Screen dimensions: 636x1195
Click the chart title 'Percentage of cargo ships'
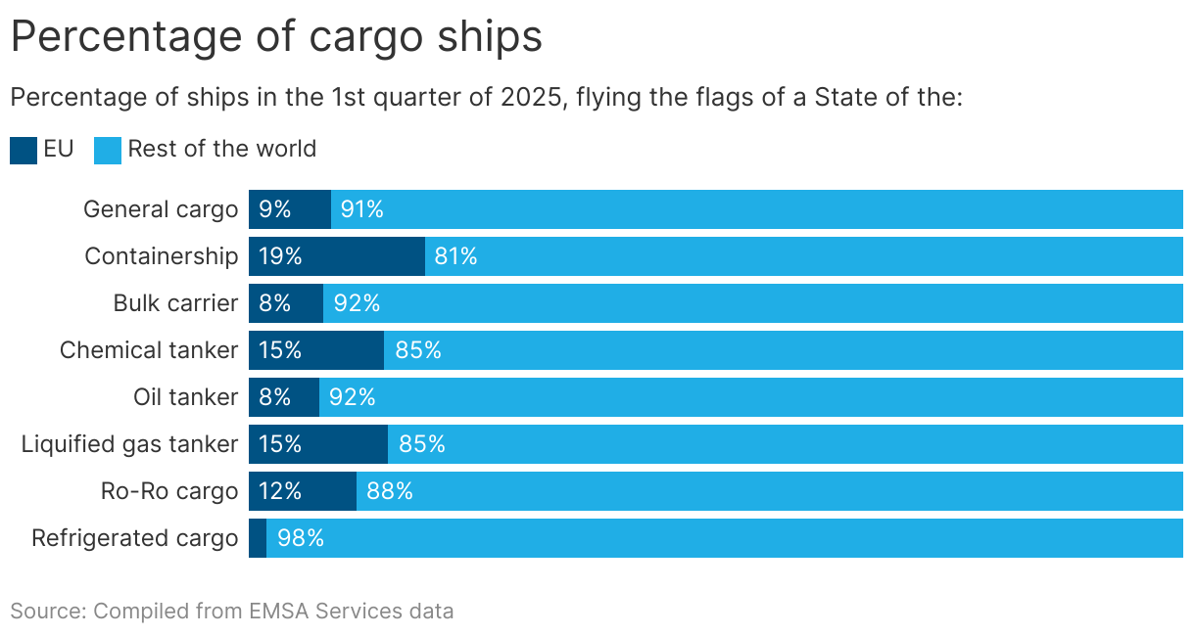[275, 37]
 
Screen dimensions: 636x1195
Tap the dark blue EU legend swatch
[24, 150]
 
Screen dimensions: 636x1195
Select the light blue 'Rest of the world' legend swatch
[108, 150]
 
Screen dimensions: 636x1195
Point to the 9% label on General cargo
[275, 209]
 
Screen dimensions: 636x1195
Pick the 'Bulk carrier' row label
[175, 303]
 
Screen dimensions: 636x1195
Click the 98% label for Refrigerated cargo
[301, 538]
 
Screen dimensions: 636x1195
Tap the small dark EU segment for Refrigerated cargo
[258, 538]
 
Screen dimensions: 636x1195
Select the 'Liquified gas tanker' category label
[129, 444]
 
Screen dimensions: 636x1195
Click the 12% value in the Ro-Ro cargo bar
[280, 491]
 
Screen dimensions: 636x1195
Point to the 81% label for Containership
[455, 256]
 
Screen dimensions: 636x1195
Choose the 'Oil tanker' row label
[185, 397]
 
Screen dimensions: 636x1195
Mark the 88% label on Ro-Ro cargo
[390, 491]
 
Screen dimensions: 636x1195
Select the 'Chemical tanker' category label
[149, 350]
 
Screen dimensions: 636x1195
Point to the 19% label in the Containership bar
[280, 256]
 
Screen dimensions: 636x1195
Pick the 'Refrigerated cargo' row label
[134, 538]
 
